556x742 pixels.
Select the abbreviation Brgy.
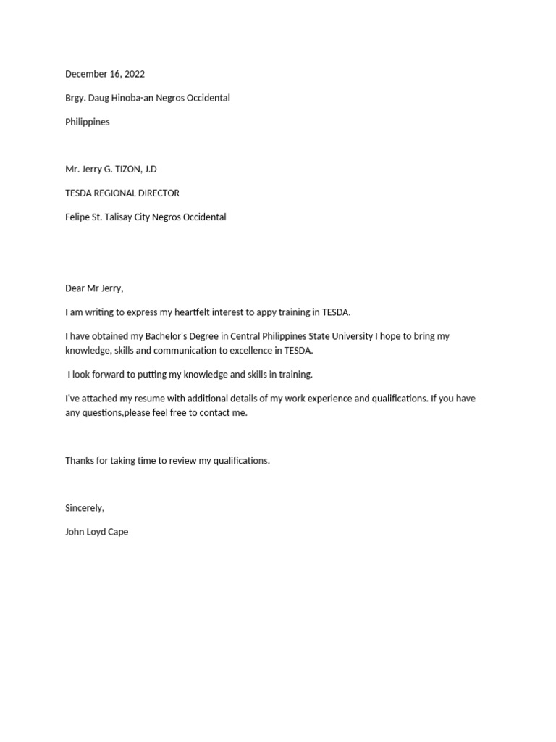click(x=76, y=98)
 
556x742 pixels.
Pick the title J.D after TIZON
click(x=150, y=169)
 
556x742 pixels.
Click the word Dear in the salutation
click(x=75, y=288)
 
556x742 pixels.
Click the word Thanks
click(x=80, y=461)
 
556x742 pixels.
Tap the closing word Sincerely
click(x=84, y=508)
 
